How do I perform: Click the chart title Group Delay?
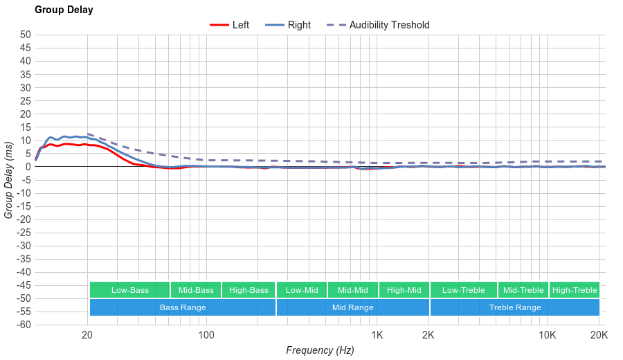click(x=64, y=10)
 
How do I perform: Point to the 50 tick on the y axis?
click(x=26, y=35)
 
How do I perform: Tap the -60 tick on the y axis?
click(x=24, y=325)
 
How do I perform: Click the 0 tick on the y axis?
click(x=28, y=166)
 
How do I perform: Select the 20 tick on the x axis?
click(x=87, y=336)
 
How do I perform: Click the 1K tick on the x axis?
click(x=377, y=336)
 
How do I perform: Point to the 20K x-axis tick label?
click(x=599, y=336)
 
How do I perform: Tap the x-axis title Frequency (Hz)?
click(x=320, y=350)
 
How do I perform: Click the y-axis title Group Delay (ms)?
click(x=9, y=180)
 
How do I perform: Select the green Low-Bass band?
click(x=129, y=290)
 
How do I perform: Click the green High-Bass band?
click(x=249, y=290)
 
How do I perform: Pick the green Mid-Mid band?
click(x=353, y=290)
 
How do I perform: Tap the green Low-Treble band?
click(x=463, y=290)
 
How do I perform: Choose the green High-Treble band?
click(x=575, y=290)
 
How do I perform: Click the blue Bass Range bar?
click(x=183, y=307)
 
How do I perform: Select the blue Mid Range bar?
click(x=353, y=307)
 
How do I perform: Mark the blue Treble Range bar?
click(x=515, y=307)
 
